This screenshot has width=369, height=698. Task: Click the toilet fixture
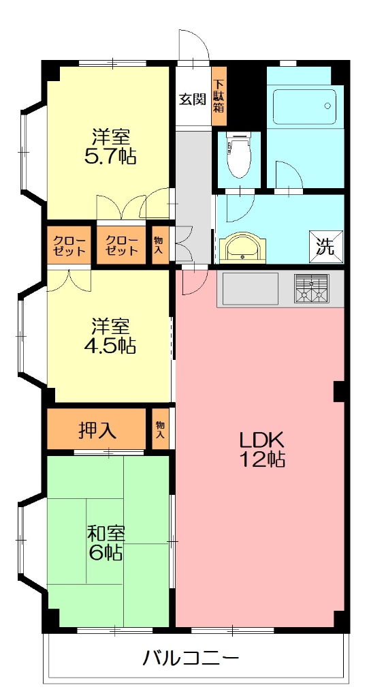238,155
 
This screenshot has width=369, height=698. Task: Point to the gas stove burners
312,288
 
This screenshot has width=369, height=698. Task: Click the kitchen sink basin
249,288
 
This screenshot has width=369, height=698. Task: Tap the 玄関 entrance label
193,100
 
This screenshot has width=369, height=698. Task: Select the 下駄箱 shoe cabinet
219,96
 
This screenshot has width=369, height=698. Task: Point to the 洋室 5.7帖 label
109,147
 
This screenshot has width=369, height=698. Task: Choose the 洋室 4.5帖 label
109,336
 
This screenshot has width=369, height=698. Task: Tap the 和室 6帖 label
105,542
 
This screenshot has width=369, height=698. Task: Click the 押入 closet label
97,430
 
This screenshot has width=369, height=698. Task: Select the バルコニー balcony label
191,658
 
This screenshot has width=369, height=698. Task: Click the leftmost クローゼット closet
68,245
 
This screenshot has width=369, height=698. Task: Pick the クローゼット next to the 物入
121,245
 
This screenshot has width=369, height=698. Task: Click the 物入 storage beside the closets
159,245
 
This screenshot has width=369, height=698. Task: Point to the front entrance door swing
193,48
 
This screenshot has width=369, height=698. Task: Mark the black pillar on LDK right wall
338,391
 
